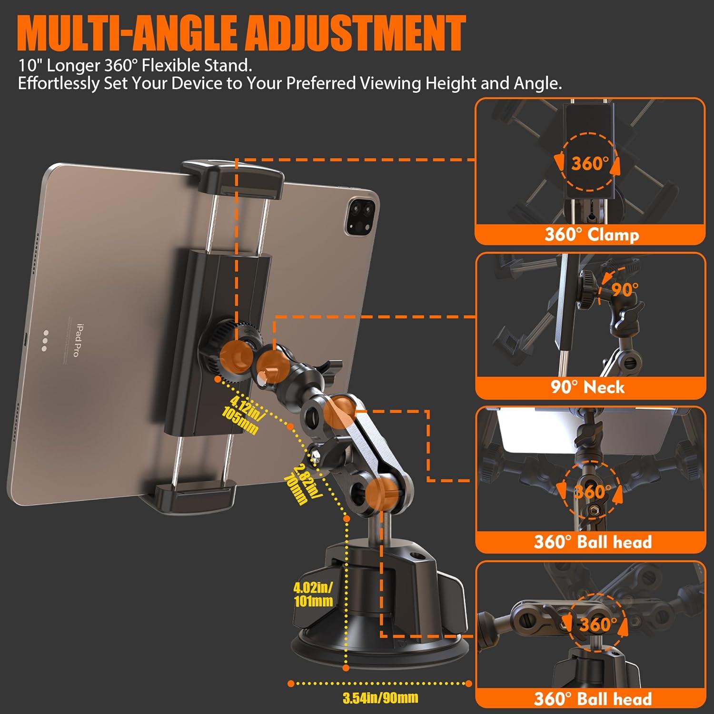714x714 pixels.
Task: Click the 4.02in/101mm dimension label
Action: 313,594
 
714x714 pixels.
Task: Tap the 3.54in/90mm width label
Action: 380,698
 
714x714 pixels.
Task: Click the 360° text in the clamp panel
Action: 590,163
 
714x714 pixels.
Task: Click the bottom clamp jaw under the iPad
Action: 195,493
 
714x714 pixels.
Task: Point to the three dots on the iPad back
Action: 44,341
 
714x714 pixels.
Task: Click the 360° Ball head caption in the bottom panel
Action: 593,699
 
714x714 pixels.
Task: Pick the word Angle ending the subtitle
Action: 537,83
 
